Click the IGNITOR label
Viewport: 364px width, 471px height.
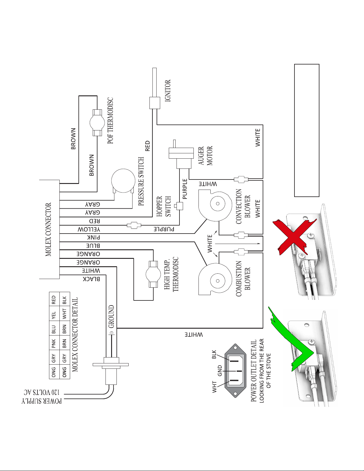pos(168,91)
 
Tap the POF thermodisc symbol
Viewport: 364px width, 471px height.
pos(97,122)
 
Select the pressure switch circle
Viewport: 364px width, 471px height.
pos(123,181)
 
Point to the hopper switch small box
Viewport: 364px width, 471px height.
pos(179,206)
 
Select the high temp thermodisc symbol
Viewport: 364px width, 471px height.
pos(153,274)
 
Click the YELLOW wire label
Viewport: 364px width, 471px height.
pos(89,229)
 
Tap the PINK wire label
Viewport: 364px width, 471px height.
pos(94,237)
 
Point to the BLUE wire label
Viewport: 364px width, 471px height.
pos(93,246)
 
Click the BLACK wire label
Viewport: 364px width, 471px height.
pos(91,279)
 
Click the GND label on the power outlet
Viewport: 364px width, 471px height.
pos(220,371)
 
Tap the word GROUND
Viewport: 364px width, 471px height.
pos(111,316)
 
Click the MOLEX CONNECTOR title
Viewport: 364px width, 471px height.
pos(48,229)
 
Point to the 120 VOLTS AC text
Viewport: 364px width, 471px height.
pos(42,392)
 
